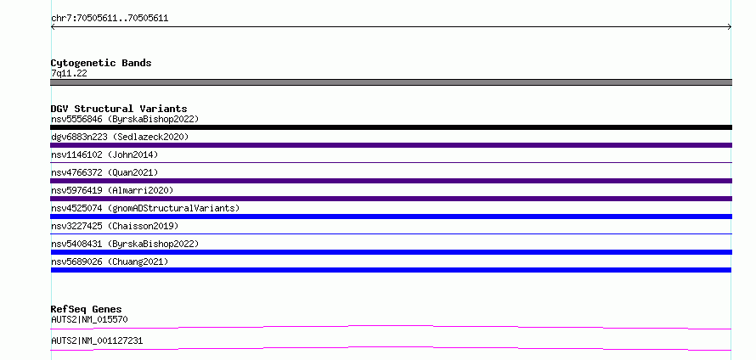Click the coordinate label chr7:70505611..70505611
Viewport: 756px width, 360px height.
pyautogui.click(x=110, y=19)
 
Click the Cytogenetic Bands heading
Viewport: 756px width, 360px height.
pyautogui.click(x=101, y=63)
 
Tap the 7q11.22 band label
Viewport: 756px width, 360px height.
pyautogui.click(x=69, y=74)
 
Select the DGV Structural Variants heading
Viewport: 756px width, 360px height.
pyautogui.click(x=119, y=109)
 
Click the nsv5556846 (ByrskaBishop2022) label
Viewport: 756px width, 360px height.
pyautogui.click(x=125, y=119)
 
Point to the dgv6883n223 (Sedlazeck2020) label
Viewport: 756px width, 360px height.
pyautogui.click(x=120, y=137)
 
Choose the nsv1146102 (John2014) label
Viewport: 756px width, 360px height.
pyautogui.click(x=104, y=155)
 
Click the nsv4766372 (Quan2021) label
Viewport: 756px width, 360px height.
pyautogui.click(x=104, y=172)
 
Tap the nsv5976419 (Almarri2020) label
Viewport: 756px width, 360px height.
pyautogui.click(x=112, y=190)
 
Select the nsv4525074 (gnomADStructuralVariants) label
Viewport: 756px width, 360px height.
pyautogui.click(x=145, y=208)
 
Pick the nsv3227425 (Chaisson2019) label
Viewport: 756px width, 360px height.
pyautogui.click(x=115, y=226)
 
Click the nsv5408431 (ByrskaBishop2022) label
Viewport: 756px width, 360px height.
pyautogui.click(x=125, y=244)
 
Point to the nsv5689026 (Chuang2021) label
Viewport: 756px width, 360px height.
pyautogui.click(x=110, y=262)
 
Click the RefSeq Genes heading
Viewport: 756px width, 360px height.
pyautogui.click(x=87, y=309)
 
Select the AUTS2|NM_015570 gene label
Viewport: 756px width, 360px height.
pyautogui.click(x=89, y=319)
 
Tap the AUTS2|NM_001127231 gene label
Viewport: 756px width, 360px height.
pyautogui.click(x=97, y=340)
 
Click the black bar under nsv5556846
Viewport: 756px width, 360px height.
pyautogui.click(x=391, y=127)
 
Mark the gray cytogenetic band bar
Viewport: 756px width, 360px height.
pyautogui.click(x=391, y=82)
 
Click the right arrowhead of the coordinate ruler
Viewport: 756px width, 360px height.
pyautogui.click(x=731, y=27)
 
